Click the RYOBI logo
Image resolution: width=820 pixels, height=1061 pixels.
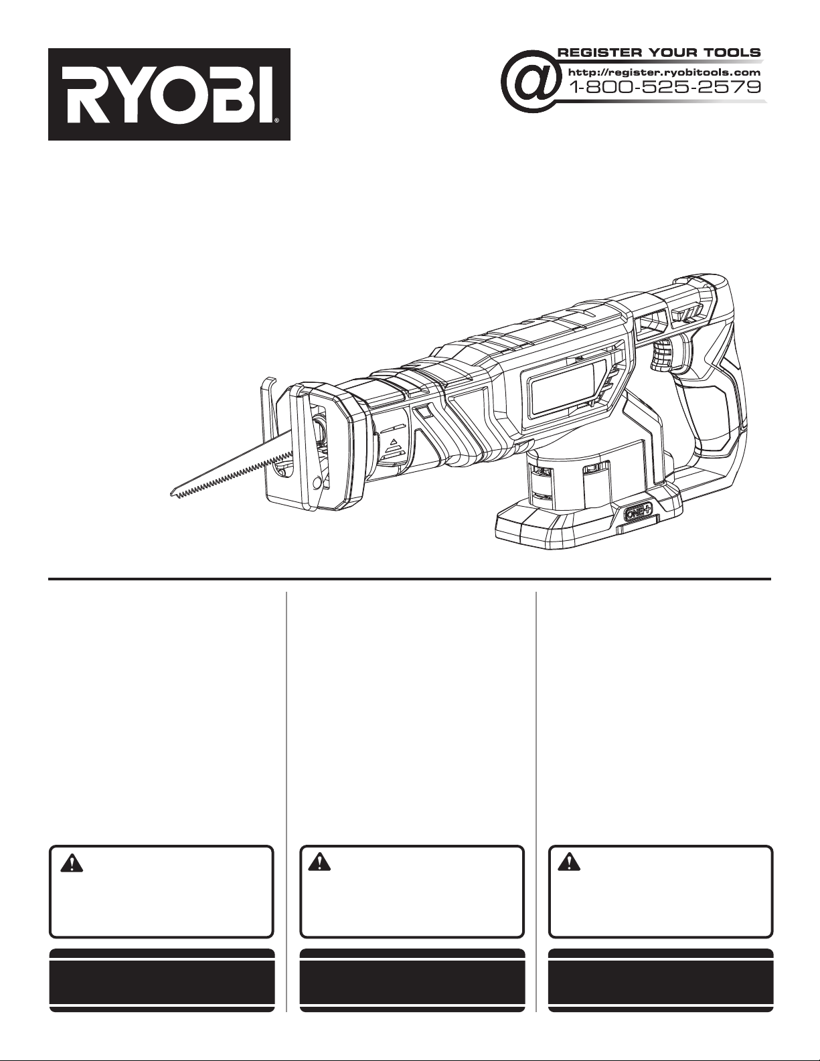point(169,94)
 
